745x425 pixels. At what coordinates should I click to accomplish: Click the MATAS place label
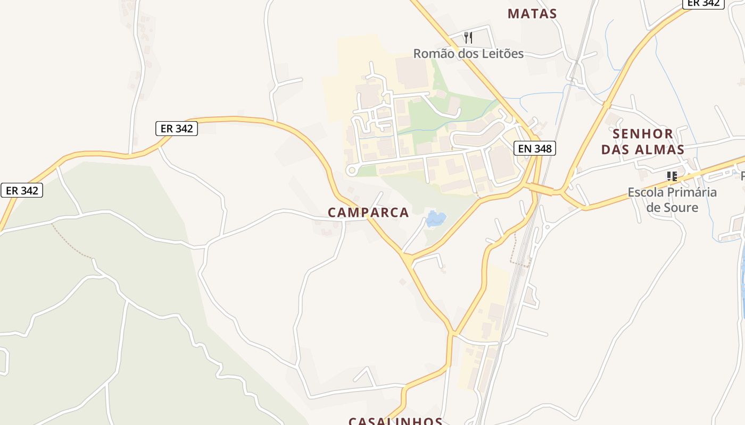(532, 14)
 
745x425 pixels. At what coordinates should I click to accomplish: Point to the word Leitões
(501, 54)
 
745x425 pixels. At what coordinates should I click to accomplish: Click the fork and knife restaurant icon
(468, 37)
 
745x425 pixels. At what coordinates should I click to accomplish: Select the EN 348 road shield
(535, 149)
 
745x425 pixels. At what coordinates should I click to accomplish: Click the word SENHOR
(642, 133)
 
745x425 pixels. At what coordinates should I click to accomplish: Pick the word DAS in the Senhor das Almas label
(615, 150)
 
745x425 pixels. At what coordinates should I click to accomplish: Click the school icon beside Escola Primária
(672, 176)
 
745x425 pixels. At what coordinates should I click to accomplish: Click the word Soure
(680, 207)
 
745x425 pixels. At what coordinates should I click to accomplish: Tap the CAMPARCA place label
(368, 212)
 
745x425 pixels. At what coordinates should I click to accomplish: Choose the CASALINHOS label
(395, 421)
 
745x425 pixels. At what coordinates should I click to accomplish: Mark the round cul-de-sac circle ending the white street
(351, 171)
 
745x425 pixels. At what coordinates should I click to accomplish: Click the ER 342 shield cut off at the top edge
(703, 3)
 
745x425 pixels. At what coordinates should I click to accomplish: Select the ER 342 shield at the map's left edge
(22, 190)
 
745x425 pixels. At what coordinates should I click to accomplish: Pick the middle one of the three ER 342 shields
(176, 129)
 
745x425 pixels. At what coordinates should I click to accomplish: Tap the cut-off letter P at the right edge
(742, 176)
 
